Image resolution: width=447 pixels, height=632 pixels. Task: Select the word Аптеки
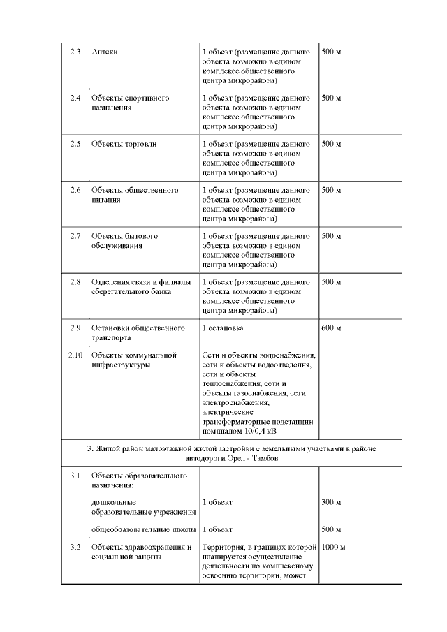pos(104,52)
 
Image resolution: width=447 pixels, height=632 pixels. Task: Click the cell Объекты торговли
pos(124,144)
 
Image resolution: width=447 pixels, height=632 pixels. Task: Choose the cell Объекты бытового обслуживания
pos(124,241)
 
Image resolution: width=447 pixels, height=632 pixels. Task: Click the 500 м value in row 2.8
pos(330,282)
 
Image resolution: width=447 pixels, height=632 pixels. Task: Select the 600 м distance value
pos(330,328)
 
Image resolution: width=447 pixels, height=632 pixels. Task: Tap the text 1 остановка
pos(223,328)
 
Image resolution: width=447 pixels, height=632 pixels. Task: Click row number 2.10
pos(75,355)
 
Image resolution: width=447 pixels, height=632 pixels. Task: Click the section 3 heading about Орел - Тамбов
pos(231,453)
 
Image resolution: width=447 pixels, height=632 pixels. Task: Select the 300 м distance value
pos(330,502)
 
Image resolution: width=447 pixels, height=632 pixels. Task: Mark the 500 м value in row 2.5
pos(330,144)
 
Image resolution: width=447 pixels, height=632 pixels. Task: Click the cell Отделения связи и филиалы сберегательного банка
pos(140,287)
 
